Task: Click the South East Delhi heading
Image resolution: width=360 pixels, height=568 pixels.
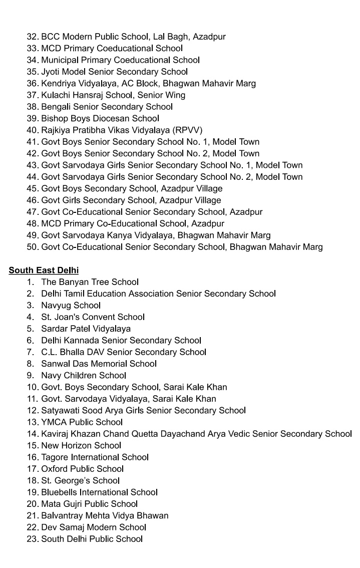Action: coord(44,270)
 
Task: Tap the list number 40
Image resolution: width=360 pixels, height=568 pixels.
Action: coord(33,130)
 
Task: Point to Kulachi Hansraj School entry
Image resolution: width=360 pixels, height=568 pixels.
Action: coord(113,95)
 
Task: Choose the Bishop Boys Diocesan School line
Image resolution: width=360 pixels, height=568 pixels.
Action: coord(100,119)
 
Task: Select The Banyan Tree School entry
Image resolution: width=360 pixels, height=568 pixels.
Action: coord(90,282)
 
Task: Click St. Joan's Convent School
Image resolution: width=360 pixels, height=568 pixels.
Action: coord(93,317)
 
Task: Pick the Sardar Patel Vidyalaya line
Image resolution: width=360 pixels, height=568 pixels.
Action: coord(86,329)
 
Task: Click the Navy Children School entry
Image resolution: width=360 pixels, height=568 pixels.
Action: coord(84,375)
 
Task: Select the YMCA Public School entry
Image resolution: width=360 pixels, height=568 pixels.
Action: coord(82,422)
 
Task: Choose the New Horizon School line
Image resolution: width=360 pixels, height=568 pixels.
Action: coord(81,445)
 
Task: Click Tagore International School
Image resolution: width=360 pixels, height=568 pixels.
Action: coord(95,457)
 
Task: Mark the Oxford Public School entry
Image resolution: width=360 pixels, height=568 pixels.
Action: coord(82,469)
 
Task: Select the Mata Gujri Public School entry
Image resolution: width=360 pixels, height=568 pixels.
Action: coord(89,504)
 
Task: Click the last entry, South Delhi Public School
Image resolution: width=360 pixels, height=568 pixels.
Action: coord(92,539)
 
